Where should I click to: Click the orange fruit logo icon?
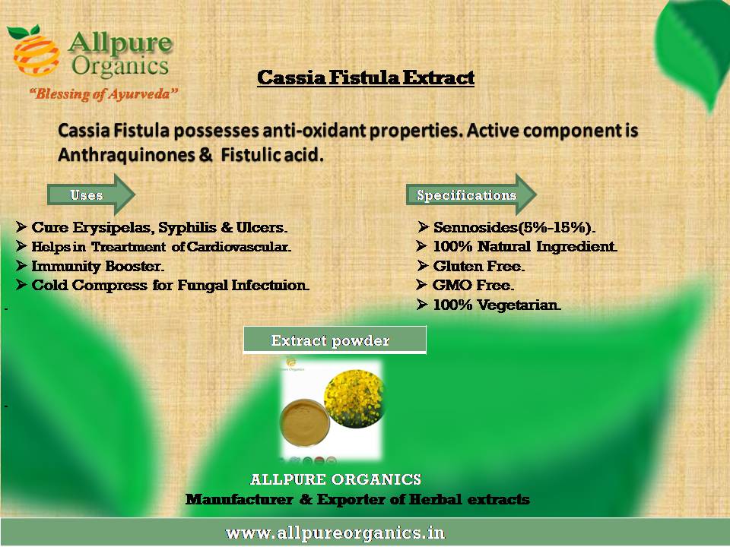[36, 51]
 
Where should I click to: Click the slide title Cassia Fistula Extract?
[366, 77]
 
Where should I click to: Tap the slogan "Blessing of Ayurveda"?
[104, 94]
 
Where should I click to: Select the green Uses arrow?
[91, 194]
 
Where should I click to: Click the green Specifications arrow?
[471, 194]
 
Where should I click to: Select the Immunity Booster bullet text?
[98, 266]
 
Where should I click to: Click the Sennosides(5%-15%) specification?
[515, 227]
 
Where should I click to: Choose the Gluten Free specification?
[478, 266]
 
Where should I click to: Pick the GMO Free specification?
[474, 285]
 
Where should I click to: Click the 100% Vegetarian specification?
[497, 305]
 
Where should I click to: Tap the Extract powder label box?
[335, 340]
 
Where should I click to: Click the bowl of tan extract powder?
[304, 423]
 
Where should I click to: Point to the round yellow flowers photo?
[354, 398]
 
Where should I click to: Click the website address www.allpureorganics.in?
[335, 533]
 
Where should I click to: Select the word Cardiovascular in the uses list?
[239, 246]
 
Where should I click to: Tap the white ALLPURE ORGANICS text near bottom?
[335, 479]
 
